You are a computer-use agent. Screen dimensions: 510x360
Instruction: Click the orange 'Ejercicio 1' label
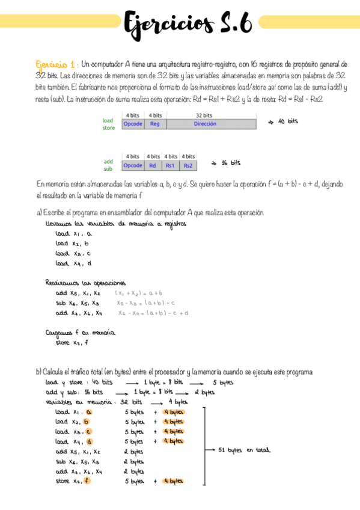(x=55, y=64)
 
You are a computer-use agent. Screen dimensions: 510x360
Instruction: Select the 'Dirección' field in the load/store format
(x=205, y=124)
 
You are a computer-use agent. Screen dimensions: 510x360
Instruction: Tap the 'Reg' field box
(x=155, y=124)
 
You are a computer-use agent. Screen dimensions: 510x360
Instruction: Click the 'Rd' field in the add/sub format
(x=153, y=165)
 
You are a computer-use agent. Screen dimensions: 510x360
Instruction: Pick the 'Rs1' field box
(x=171, y=165)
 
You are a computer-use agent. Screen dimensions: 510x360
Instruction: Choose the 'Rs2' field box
(x=188, y=165)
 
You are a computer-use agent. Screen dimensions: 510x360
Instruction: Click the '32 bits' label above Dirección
(x=204, y=115)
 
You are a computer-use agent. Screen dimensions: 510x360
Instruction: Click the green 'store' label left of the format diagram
(x=108, y=127)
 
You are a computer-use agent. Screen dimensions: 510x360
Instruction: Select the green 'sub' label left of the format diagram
(x=108, y=169)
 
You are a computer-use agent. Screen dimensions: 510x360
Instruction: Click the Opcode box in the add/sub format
(x=133, y=165)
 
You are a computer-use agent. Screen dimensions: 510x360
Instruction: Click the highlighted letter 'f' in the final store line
(x=88, y=481)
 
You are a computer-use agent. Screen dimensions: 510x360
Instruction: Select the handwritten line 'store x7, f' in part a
(x=72, y=343)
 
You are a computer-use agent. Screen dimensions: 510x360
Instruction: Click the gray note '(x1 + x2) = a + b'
(x=142, y=293)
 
